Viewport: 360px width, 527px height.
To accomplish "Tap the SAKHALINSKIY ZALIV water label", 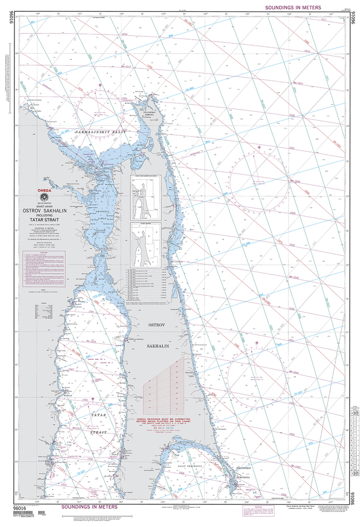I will click(x=100, y=132).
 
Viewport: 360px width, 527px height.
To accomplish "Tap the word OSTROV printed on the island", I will click(x=156, y=326).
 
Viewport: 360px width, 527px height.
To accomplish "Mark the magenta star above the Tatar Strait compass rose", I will click(x=93, y=398).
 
